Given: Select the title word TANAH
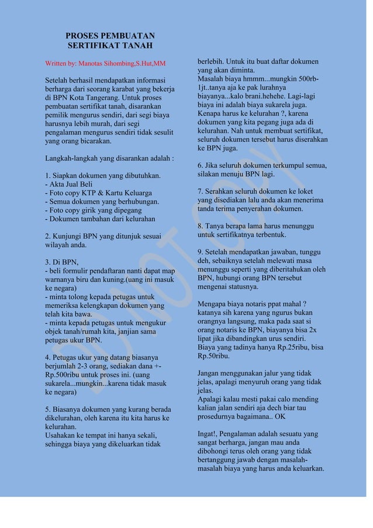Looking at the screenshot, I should click(136, 45).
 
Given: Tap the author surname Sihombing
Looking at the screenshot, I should click(116, 63).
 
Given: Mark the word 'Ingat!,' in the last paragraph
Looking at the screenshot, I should click(210, 434).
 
